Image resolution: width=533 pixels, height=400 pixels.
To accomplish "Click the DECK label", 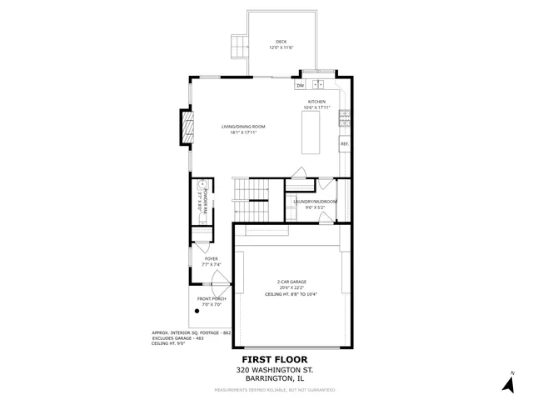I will pos(281,42).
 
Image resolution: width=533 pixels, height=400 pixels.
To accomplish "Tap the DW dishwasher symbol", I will pos(299,85).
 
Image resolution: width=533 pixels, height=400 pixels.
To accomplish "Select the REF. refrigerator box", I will pos(343,144).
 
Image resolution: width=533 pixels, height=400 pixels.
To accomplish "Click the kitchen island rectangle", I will pos(311,132).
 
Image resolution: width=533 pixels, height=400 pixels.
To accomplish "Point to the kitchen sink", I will pos(317,84).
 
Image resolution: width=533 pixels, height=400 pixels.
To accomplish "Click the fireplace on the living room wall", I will pos(187,129).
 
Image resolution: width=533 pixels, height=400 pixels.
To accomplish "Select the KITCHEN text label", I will pos(316,102).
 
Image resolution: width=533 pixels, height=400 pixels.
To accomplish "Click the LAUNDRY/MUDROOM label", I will pos(315,202).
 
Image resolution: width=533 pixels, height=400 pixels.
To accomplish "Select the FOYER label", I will pos(211,258).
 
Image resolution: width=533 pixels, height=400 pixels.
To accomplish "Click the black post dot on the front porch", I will pos(197,311).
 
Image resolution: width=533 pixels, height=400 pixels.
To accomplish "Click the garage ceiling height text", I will pos(291,294).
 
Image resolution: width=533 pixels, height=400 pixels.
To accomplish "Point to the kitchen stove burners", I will pos(343,122).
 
